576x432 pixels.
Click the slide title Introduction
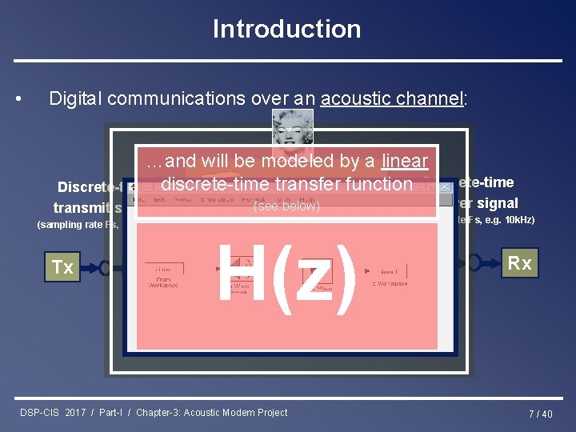286,29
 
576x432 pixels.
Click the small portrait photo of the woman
292,128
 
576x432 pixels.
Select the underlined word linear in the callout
404,161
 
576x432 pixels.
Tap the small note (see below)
286,206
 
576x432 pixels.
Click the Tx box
62,267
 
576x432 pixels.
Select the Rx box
519,263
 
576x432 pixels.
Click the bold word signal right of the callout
497,203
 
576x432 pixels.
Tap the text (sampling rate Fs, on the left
78,225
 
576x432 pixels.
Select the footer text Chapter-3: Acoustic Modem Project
211,412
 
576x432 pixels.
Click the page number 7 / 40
540,414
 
